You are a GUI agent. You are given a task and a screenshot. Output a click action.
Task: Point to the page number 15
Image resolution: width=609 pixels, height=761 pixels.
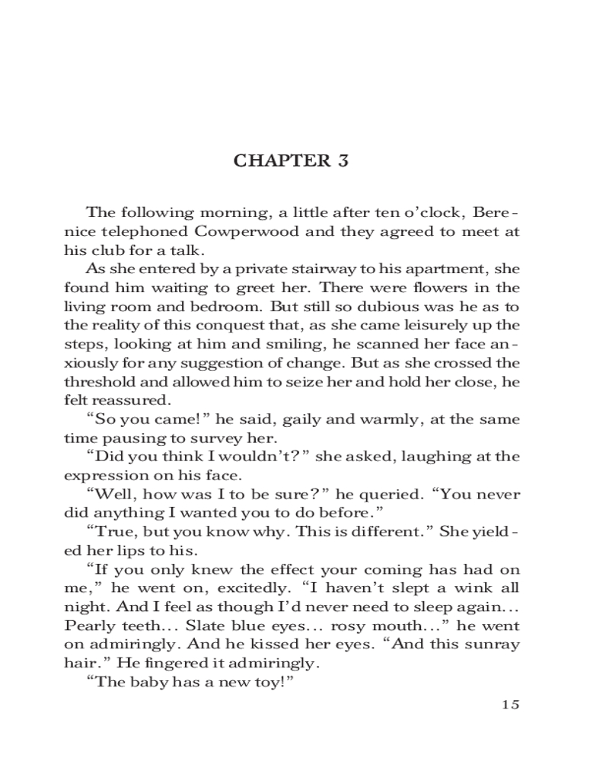tap(510, 704)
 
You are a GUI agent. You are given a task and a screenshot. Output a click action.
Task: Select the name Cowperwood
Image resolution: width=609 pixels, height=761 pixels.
tap(228, 231)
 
